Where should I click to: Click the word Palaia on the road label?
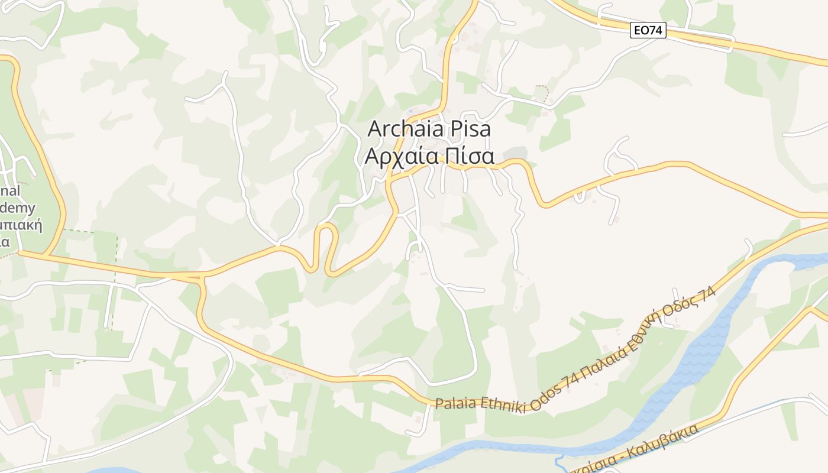[455, 404]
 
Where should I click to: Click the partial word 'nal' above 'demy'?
[10, 190]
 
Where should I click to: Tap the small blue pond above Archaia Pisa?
[410, 111]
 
